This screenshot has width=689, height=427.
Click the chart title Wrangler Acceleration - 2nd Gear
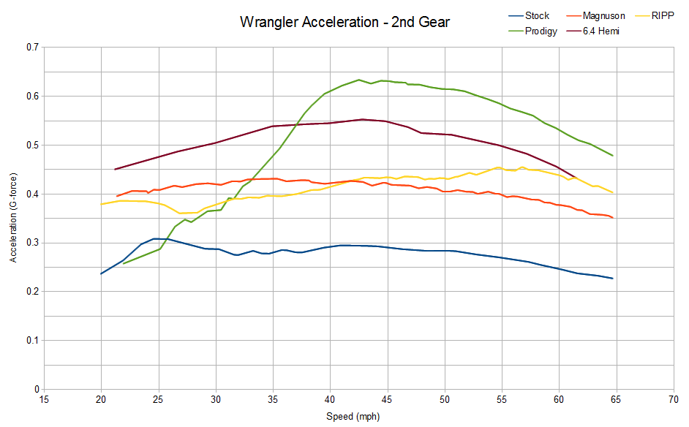pyautogui.click(x=344, y=23)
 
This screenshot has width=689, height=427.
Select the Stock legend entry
pyautogui.click(x=537, y=15)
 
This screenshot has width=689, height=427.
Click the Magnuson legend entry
pyautogui.click(x=603, y=15)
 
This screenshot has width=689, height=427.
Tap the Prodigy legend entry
pyautogui.click(x=541, y=31)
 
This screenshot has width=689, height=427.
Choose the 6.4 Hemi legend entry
pyautogui.click(x=600, y=31)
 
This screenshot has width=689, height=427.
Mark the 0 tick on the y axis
pyautogui.click(x=35, y=390)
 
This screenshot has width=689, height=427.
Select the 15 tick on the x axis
pyautogui.click(x=44, y=400)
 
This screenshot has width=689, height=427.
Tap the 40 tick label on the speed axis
pyautogui.click(x=330, y=400)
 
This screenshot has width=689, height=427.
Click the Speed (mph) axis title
pyautogui.click(x=353, y=416)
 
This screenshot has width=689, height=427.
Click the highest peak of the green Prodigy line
pyautogui.click(x=359, y=80)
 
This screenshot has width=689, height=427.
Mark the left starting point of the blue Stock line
pyautogui.click(x=101, y=274)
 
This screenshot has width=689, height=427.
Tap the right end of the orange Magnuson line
pyautogui.click(x=612, y=218)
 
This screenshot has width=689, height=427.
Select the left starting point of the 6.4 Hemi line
pyautogui.click(x=115, y=170)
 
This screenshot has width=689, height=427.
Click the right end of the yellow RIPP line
pyautogui.click(x=612, y=192)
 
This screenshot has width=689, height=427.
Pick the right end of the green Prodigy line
pyautogui.click(x=612, y=156)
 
